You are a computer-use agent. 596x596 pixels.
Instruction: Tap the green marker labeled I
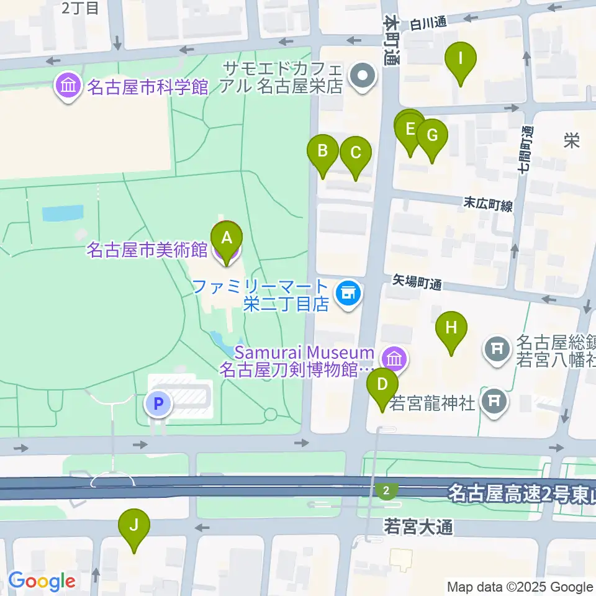click(x=461, y=60)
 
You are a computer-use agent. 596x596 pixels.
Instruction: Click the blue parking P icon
click(x=159, y=405)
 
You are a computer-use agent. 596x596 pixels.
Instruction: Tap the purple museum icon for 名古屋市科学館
click(x=68, y=86)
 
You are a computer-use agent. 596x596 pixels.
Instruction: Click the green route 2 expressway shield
click(x=387, y=490)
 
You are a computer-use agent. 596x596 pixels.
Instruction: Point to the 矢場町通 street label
click(x=417, y=284)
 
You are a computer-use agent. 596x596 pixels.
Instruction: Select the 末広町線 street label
click(x=488, y=205)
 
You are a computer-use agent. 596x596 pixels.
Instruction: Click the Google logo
click(x=42, y=581)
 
